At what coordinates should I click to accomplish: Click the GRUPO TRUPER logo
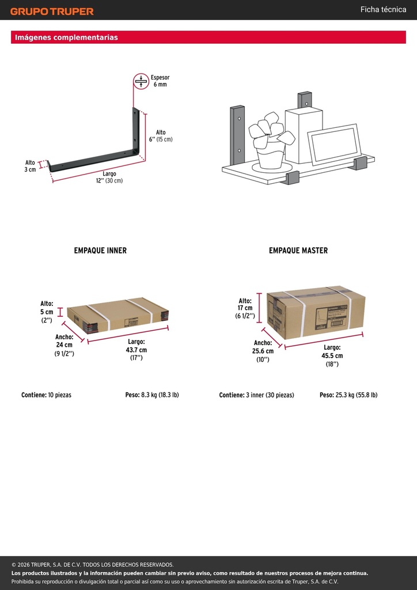tap(52, 12)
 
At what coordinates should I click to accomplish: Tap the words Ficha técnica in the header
tap(383, 9)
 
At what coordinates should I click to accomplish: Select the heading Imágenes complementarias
tap(66, 37)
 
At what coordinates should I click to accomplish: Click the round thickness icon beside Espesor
tap(141, 81)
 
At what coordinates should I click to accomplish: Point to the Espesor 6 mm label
tap(160, 81)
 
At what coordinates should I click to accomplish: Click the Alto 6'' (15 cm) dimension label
tap(161, 136)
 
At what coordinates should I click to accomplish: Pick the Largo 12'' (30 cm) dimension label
tap(109, 177)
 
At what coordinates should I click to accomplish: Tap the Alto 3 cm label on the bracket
tap(30, 166)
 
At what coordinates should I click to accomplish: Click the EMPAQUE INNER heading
tap(100, 251)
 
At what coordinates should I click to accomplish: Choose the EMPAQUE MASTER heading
tap(298, 251)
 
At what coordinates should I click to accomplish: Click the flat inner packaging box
tap(117, 315)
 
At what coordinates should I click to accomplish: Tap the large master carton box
tap(316, 312)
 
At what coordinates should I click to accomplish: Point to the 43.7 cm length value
tap(137, 350)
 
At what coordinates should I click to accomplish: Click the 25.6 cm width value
tap(263, 351)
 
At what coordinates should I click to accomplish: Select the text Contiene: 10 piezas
tap(46, 395)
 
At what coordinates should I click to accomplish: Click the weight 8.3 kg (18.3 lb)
tap(160, 395)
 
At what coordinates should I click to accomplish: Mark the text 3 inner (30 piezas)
tap(270, 395)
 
